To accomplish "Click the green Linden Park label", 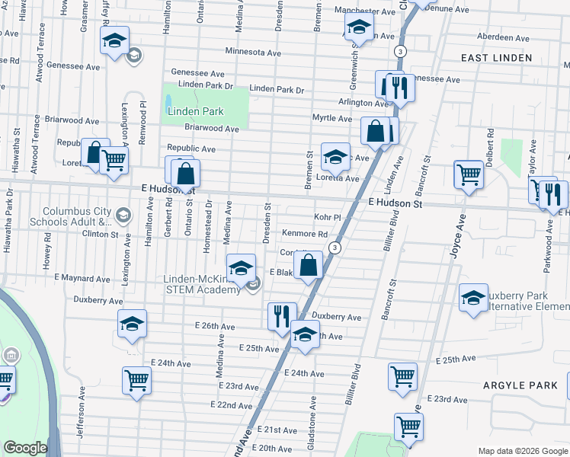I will [x=195, y=111].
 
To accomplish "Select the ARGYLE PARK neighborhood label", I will [x=520, y=385].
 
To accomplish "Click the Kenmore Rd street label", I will [x=305, y=234].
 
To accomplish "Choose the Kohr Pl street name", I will [x=325, y=217].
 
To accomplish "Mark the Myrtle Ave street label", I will [x=332, y=119].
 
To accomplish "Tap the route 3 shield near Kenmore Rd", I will [x=334, y=248].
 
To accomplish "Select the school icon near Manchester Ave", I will [x=358, y=27].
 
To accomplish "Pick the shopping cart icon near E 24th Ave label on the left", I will [x=136, y=379].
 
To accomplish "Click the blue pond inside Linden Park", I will [x=168, y=101].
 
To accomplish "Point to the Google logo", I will [x=25, y=448].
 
